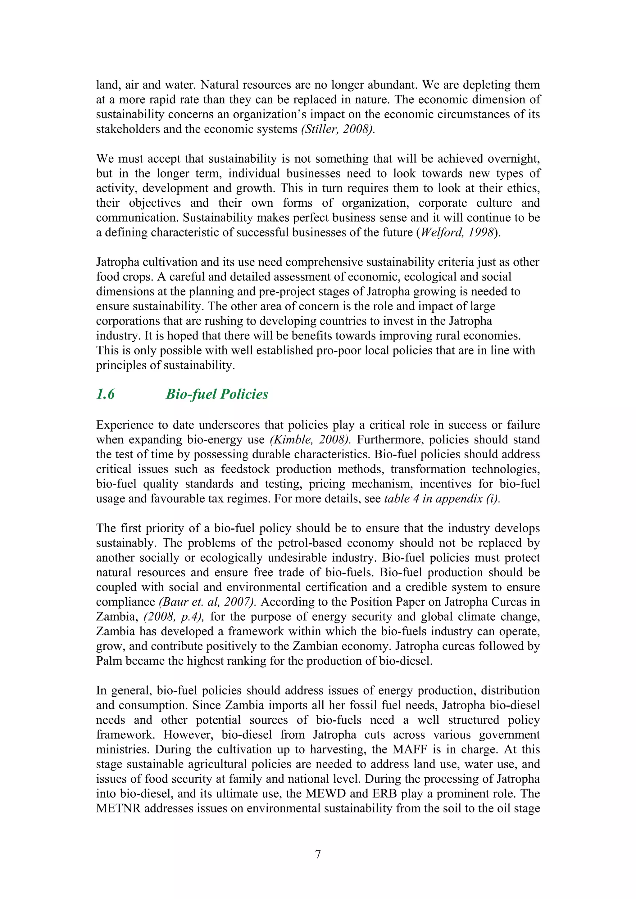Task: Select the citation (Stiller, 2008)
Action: tap(338, 129)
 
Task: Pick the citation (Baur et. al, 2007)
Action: tap(208, 602)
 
